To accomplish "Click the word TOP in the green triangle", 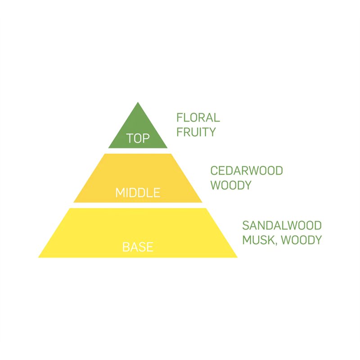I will [138, 138].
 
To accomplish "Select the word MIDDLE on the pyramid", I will [138, 193].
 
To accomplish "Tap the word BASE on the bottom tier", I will [138, 247].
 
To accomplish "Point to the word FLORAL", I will [198, 118].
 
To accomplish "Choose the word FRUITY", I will [196, 132].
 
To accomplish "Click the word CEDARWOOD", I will [247, 171].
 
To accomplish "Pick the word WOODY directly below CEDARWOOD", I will [230, 185].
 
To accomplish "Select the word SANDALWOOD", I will [282, 225].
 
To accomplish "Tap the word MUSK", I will [259, 240].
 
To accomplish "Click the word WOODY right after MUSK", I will [301, 240].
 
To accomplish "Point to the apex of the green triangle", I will [138, 103].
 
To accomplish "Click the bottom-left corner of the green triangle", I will [109, 148].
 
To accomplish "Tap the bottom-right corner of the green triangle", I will [167, 148].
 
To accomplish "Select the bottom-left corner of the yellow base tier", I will [39, 257].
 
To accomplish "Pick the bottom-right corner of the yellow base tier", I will [237, 257].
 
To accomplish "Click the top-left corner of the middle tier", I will [104, 154].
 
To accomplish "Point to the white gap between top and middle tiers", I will [138, 151].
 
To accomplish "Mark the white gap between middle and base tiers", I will [138, 205].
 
